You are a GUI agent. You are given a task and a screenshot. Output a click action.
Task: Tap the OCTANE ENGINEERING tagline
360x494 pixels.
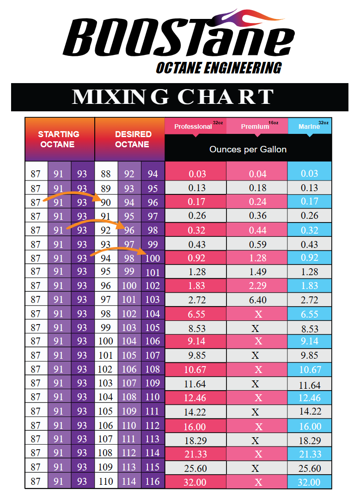(218, 68)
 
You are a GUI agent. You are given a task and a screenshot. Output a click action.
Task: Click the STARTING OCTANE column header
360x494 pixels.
(59, 139)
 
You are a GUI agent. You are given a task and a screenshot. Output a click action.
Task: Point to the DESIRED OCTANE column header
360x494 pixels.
(133, 139)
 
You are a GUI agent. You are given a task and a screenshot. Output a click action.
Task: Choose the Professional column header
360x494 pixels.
(193, 127)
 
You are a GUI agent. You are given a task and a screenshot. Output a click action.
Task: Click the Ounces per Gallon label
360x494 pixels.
(248, 149)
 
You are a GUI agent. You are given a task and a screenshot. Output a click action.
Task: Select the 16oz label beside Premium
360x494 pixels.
(273, 123)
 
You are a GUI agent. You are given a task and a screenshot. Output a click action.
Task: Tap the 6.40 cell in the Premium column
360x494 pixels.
(257, 300)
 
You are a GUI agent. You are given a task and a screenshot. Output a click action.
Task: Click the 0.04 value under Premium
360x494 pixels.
(257, 174)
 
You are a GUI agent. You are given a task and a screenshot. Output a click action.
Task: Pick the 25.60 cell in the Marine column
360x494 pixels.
(309, 468)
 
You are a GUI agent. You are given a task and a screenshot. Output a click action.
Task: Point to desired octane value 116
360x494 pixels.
(153, 482)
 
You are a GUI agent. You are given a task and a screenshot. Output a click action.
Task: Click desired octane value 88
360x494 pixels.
(106, 174)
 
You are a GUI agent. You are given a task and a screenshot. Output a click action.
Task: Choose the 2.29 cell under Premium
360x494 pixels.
(257, 286)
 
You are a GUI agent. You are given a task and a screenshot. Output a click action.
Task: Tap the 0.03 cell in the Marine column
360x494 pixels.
(309, 174)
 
